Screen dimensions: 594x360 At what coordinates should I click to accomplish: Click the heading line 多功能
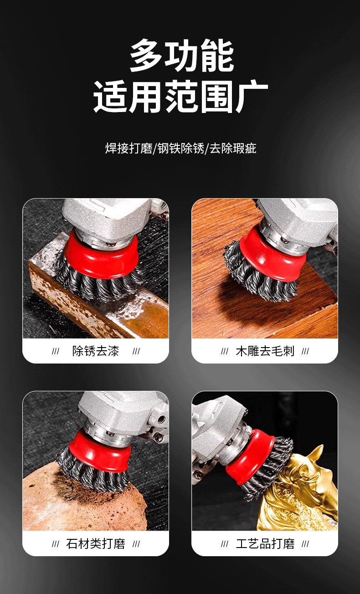(x=181, y=56)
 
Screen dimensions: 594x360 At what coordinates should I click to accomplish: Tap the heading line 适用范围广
(x=180, y=97)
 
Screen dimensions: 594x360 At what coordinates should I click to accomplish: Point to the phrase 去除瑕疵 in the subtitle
(x=233, y=148)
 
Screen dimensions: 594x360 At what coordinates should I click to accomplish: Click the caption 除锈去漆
(x=96, y=351)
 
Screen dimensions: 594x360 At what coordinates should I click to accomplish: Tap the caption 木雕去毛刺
(x=265, y=351)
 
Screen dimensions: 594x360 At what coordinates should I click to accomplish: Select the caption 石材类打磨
(x=96, y=543)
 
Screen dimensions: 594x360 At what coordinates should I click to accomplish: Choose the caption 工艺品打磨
(x=265, y=543)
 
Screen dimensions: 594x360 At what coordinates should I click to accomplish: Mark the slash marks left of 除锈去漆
(x=56, y=351)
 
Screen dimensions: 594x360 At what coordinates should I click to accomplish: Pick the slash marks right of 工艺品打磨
(x=305, y=543)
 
